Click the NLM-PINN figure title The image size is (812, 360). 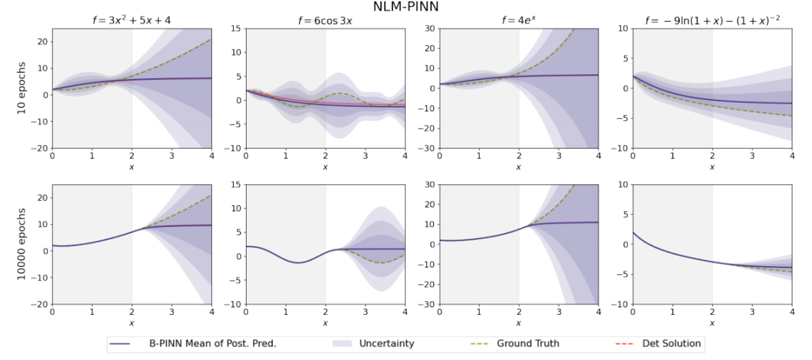407,7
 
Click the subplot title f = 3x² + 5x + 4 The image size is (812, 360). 131,20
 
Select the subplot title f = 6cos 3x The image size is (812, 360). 325,20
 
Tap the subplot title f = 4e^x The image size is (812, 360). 519,20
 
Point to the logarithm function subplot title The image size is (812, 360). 712,20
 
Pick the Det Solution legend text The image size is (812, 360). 671,343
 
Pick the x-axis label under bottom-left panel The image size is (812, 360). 131,323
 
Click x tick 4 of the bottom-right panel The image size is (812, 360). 792,312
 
